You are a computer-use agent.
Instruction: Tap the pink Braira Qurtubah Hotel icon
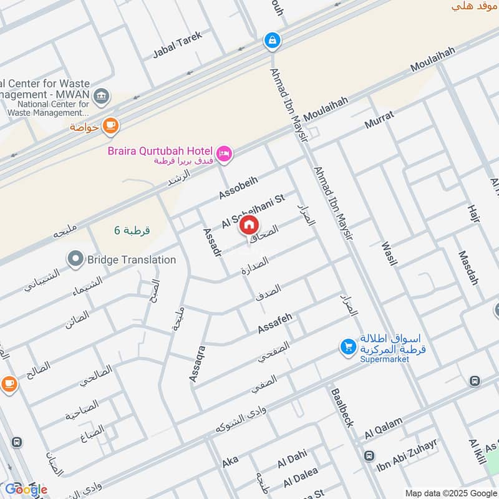[223, 153]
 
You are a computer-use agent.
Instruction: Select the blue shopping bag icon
[272, 41]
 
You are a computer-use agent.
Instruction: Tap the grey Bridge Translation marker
[75, 258]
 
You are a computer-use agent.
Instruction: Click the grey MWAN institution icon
[101, 96]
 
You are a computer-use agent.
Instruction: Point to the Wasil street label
[388, 251]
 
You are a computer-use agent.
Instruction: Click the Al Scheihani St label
[253, 210]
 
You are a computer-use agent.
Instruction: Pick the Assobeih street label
[238, 186]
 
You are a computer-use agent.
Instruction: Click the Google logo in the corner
[26, 488]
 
